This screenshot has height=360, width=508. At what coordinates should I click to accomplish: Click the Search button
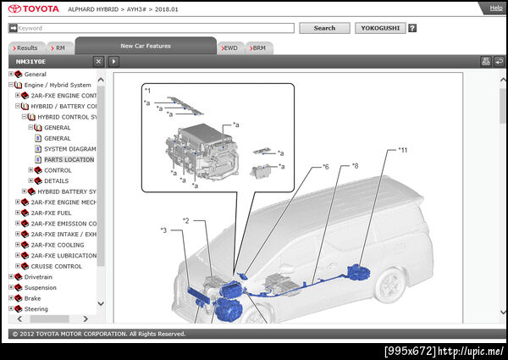click(324, 28)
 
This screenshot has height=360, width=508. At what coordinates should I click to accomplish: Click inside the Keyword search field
click(156, 28)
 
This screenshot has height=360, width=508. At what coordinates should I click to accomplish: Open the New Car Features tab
click(146, 46)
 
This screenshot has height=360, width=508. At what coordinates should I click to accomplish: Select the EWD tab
click(230, 48)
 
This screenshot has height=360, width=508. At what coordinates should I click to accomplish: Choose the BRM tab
click(259, 48)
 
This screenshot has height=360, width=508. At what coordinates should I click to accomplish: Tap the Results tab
click(26, 48)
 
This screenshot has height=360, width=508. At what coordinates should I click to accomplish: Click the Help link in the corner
click(495, 8)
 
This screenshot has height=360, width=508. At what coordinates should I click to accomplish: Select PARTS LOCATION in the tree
click(69, 159)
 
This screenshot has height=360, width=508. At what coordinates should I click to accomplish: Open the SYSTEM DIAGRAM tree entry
click(70, 149)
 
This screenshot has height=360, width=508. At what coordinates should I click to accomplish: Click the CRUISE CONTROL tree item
click(57, 266)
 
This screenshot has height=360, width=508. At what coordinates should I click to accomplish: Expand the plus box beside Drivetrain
click(11, 277)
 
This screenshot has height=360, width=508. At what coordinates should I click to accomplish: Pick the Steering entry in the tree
click(36, 309)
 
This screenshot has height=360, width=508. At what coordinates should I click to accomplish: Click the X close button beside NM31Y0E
click(98, 61)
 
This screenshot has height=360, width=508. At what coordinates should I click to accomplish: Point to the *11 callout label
click(402, 150)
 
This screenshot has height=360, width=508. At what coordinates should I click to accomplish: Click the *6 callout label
click(325, 167)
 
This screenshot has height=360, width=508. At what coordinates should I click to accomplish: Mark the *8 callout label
click(355, 166)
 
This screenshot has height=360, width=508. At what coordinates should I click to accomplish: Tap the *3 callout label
click(163, 230)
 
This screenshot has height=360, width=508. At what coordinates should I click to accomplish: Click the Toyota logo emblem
click(14, 9)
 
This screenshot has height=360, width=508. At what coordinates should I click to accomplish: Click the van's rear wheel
click(389, 285)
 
